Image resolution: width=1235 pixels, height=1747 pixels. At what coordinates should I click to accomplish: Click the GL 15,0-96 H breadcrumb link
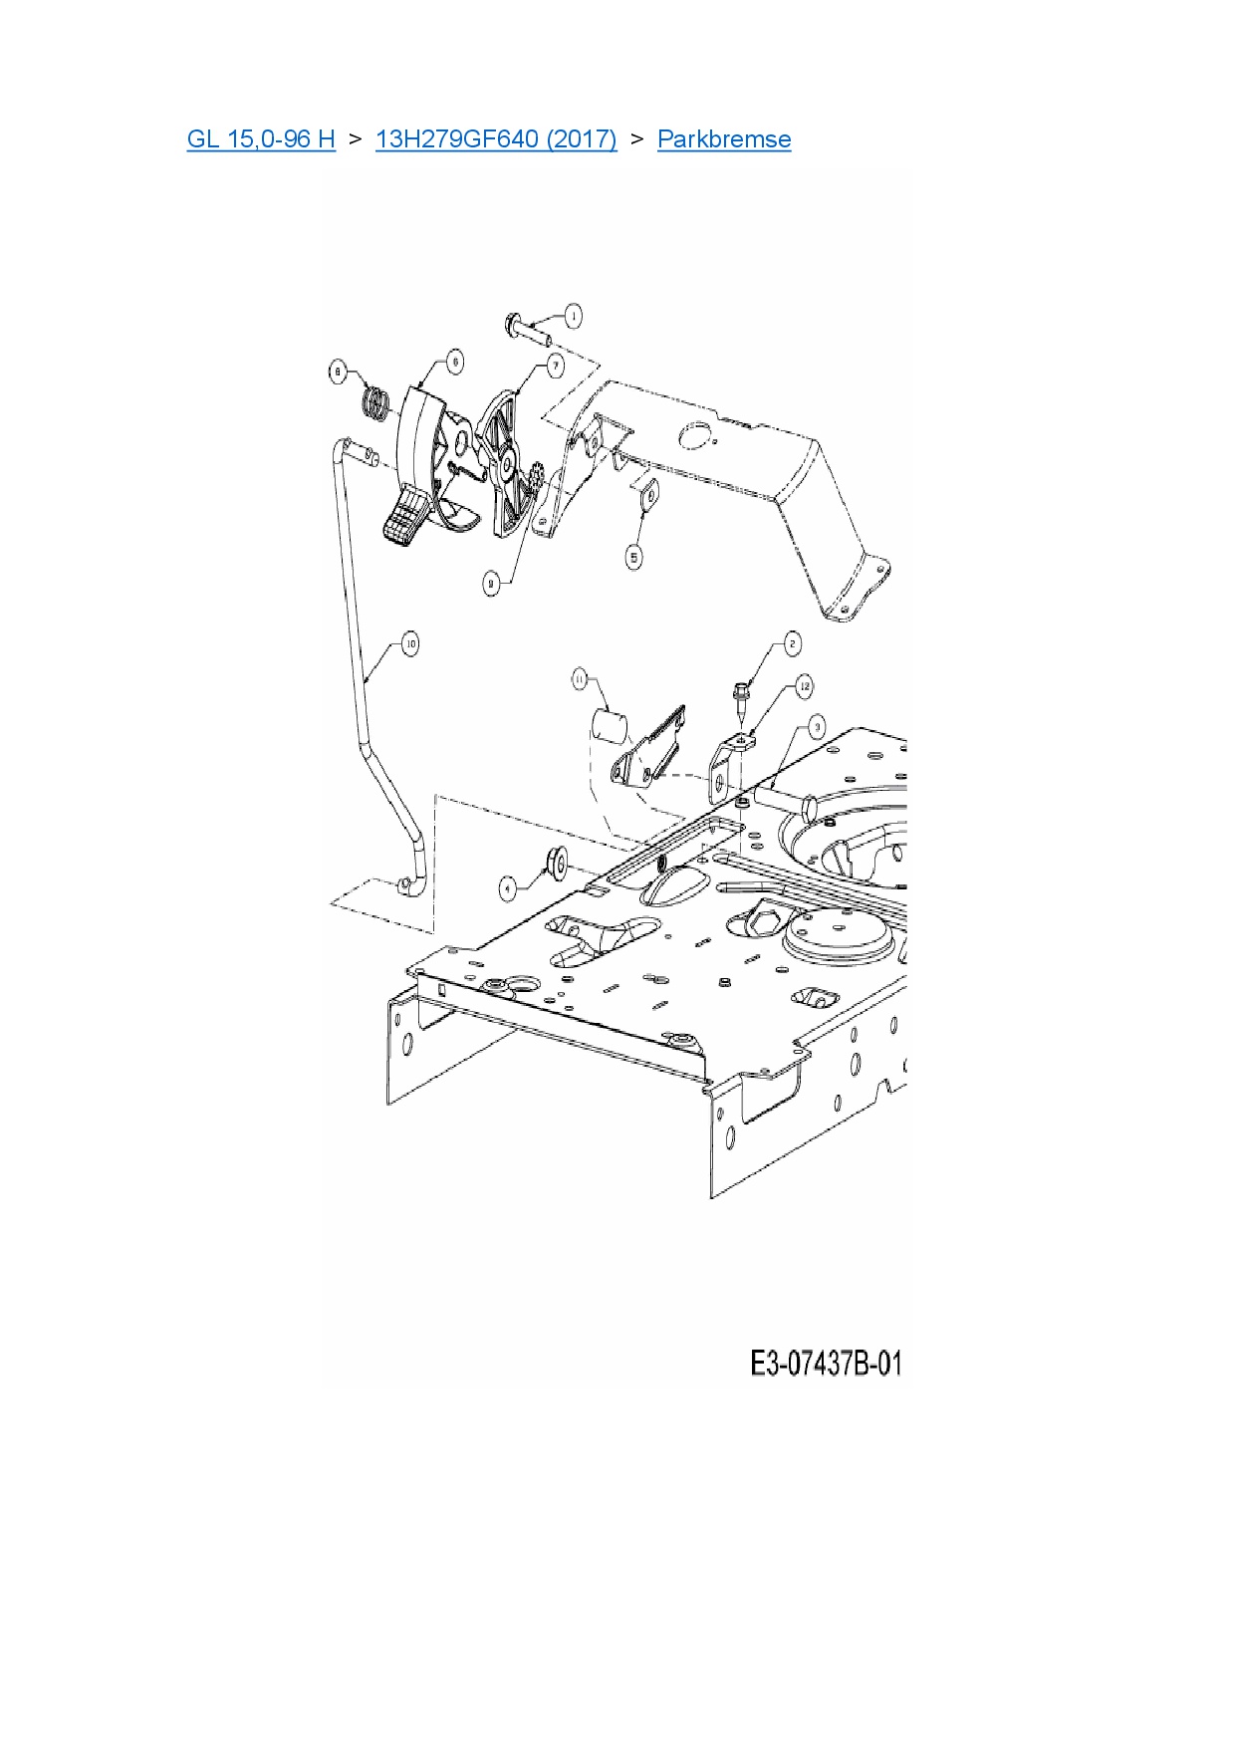261,139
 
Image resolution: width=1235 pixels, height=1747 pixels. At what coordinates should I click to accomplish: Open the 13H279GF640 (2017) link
496,139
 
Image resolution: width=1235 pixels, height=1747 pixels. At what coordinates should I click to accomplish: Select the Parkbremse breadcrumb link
724,139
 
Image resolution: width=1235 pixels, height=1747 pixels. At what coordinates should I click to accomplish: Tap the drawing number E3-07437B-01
826,1364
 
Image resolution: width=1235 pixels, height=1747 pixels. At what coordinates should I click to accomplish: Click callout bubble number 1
573,317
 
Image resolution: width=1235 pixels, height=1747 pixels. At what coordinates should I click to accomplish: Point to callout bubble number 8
338,373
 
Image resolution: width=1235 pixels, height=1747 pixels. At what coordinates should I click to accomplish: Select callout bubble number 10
409,643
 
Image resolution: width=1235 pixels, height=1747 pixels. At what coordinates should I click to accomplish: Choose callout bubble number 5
634,557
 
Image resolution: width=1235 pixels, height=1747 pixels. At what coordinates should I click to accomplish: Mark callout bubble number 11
580,679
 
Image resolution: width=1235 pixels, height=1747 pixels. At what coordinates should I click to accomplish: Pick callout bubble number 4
508,886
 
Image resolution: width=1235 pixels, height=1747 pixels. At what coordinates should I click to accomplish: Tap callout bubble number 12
804,686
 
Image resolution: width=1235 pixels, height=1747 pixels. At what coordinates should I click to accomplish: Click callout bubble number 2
792,644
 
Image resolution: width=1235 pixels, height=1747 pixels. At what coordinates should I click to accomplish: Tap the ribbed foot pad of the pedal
406,519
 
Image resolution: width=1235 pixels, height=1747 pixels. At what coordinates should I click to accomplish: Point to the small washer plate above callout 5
646,494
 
